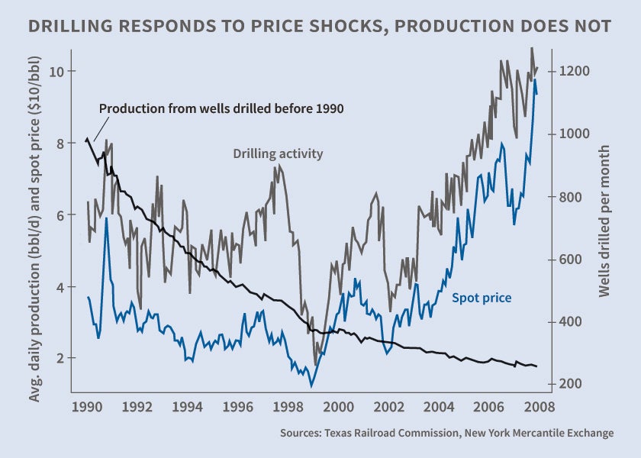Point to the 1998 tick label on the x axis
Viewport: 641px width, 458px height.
(x=288, y=405)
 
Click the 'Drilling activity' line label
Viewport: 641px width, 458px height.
(x=278, y=153)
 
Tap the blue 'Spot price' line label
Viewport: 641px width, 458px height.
(x=482, y=298)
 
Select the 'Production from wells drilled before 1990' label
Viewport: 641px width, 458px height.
(x=221, y=108)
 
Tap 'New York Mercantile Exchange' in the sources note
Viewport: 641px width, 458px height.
(x=539, y=433)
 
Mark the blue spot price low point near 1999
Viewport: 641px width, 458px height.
(x=311, y=385)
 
